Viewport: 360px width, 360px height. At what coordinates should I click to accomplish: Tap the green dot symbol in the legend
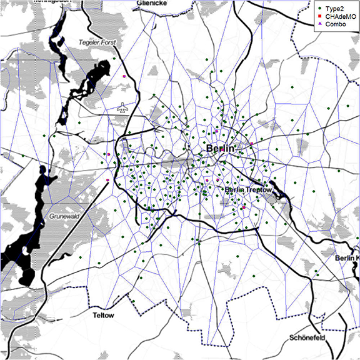click(x=319, y=8)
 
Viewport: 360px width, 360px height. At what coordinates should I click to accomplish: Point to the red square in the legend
click(x=319, y=16)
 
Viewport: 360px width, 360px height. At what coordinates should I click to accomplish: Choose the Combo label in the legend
click(x=336, y=23)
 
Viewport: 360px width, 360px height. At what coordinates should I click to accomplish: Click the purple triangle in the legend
click(x=319, y=23)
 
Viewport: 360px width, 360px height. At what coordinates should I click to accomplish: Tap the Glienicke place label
click(x=151, y=3)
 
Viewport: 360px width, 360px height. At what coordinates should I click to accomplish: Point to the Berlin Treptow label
click(x=248, y=189)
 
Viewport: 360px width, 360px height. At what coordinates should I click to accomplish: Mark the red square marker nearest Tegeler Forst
click(x=125, y=76)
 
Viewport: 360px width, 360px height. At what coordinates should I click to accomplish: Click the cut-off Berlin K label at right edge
click(x=347, y=258)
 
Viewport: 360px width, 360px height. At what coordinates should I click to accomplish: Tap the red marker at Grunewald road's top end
click(x=107, y=180)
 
